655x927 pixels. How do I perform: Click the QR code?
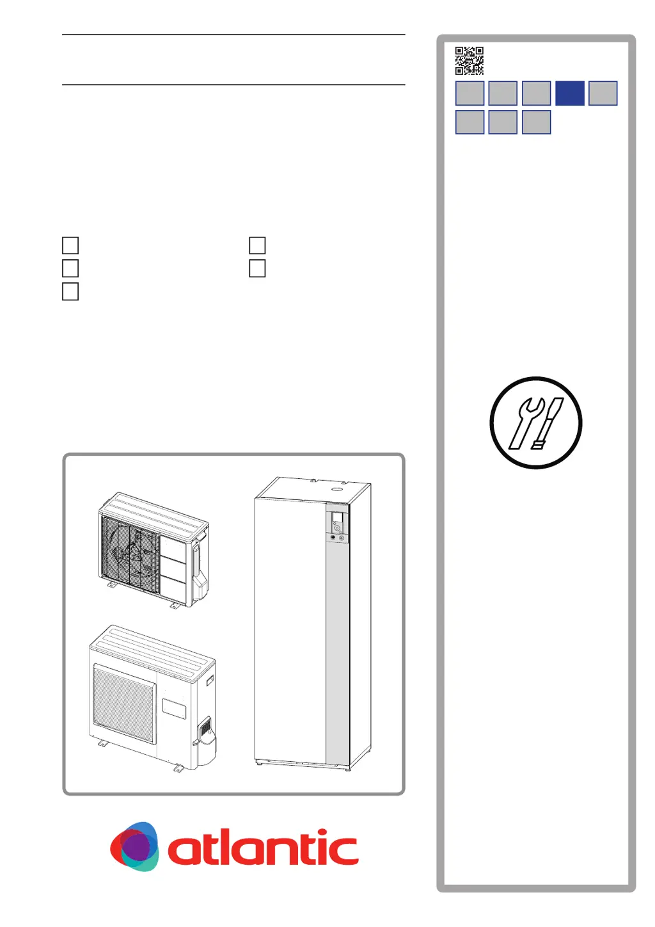(x=469, y=61)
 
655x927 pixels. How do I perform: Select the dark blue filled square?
(x=569, y=93)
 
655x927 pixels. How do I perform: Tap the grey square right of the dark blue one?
(x=603, y=93)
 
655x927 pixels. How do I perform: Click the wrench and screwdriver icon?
(x=535, y=423)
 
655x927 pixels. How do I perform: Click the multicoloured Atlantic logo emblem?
(x=134, y=846)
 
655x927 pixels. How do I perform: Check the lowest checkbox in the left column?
(x=70, y=291)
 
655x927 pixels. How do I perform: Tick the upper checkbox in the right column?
(x=257, y=245)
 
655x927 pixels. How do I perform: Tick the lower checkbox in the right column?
(x=257, y=268)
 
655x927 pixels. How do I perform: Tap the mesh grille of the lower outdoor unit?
(x=124, y=703)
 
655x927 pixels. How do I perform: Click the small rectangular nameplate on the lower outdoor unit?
(x=173, y=708)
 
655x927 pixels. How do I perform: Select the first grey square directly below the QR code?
(x=470, y=93)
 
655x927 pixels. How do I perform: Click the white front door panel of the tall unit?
(x=290, y=627)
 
